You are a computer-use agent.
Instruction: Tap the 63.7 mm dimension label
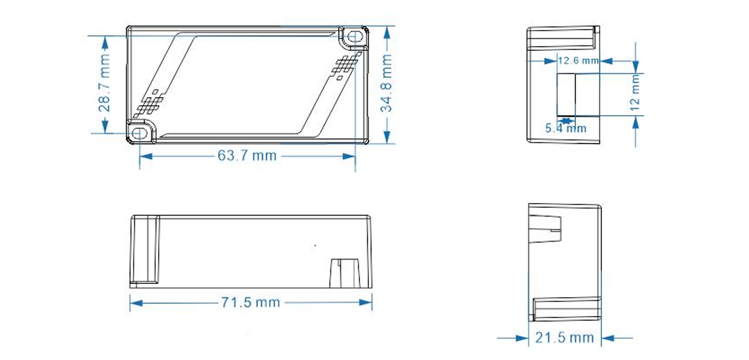coord(247,156)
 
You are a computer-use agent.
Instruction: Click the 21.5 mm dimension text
coord(565,338)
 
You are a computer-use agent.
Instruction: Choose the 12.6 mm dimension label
coord(579,61)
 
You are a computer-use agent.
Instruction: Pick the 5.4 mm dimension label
coord(566,128)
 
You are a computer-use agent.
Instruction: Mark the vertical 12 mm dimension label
coord(635,90)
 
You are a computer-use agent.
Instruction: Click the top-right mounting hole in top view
coord(354,36)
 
